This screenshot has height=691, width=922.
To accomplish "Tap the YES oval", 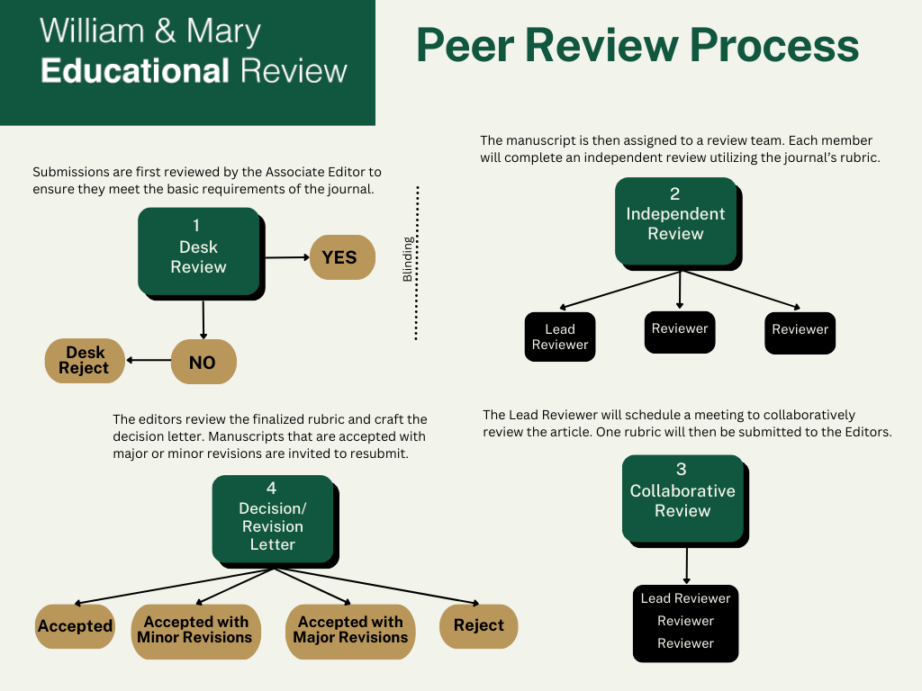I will point(339,257).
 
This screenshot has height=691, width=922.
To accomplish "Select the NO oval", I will point(203,362).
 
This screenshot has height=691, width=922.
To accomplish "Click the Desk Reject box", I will point(84,361).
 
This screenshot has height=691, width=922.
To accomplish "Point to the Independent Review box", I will point(675,219).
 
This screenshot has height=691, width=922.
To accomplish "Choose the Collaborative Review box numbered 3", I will point(682,497).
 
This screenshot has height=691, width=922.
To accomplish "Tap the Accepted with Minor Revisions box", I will point(195,630).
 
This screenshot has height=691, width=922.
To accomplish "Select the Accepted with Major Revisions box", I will point(349,630).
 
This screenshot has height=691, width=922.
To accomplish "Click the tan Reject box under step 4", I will point(478,625).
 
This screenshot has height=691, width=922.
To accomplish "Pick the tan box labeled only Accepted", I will point(75,626).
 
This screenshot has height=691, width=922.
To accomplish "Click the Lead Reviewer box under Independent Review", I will point(559,337).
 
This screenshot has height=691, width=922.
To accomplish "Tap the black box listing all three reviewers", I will point(685,621).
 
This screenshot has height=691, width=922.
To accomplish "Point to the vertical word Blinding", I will point(408,260).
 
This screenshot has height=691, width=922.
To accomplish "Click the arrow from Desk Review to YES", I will point(285,257).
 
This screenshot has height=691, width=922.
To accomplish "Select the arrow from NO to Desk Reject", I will point(148,361).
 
